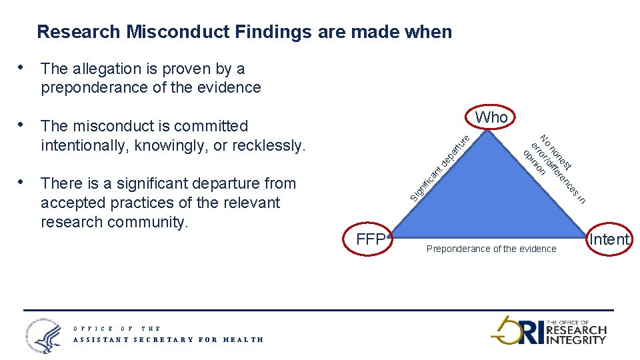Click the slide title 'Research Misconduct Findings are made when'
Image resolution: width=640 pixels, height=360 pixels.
click(x=244, y=31)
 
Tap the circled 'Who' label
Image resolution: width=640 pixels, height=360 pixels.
click(x=491, y=117)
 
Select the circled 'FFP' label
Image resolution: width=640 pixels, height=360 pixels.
click(x=371, y=239)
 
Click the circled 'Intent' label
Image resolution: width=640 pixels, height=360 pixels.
click(x=610, y=239)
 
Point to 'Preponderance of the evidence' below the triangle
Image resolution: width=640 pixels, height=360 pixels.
click(x=491, y=249)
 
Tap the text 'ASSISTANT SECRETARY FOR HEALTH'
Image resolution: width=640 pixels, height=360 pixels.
click(x=168, y=339)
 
